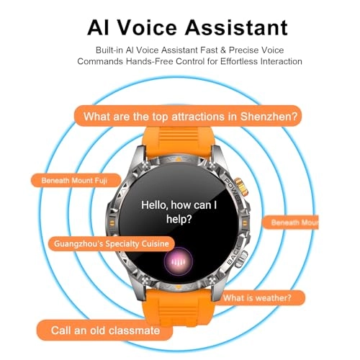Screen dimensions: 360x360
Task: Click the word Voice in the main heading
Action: (147, 27)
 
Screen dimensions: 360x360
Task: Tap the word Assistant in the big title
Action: (236, 27)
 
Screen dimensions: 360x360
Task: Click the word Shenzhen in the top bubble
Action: (269, 117)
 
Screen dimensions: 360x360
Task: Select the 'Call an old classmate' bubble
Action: (105, 330)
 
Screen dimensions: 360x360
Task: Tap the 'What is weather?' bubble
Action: (260, 298)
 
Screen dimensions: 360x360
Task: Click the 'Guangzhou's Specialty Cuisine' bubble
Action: (112, 244)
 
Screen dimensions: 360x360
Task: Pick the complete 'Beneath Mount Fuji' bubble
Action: (76, 181)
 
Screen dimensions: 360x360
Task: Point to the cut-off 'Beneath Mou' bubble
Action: (290, 222)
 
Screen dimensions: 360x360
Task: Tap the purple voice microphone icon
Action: (179, 261)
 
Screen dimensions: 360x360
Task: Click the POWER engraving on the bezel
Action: (233, 191)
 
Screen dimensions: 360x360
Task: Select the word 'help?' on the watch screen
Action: (179, 219)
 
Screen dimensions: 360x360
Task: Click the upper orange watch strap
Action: (179, 142)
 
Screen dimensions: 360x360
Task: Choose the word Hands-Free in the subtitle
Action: (150, 61)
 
